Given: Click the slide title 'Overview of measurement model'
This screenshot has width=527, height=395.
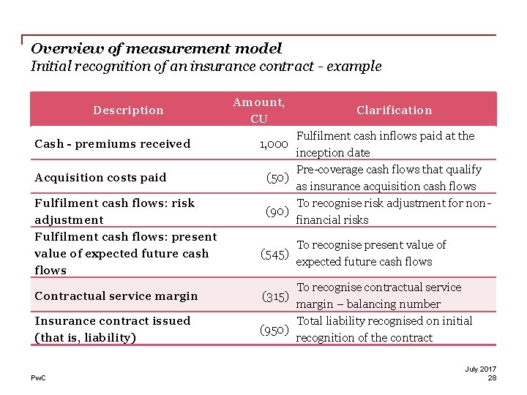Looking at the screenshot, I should tap(156, 49).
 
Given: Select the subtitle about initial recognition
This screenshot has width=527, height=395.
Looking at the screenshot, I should tap(206, 67).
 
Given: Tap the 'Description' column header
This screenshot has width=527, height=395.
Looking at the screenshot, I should tap(128, 110).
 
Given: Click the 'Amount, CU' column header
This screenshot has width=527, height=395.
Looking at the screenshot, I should tap(258, 110).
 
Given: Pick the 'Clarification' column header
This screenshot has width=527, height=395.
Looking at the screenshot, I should tap(394, 110).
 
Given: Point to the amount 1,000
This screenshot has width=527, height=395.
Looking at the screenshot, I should tap(274, 144).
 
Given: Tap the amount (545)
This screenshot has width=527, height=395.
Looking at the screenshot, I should tap(274, 254).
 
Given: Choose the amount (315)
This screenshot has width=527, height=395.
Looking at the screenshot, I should tap(275, 296).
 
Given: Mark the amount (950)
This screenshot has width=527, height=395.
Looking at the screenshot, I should tap(274, 330).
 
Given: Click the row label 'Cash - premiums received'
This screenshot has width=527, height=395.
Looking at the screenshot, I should tap(112, 144).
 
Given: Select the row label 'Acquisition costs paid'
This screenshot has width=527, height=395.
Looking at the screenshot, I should tap(100, 178).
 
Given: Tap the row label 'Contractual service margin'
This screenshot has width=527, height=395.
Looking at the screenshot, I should tap(116, 296).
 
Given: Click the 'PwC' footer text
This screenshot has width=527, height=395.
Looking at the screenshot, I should tap(37, 378).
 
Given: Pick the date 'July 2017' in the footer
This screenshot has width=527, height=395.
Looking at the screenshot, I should tap(480, 369).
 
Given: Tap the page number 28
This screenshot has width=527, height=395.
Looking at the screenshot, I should tap(492, 378).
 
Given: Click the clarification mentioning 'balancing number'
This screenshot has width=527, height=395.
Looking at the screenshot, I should tap(378, 296).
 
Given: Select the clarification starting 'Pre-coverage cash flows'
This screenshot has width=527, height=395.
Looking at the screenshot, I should tap(388, 178).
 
